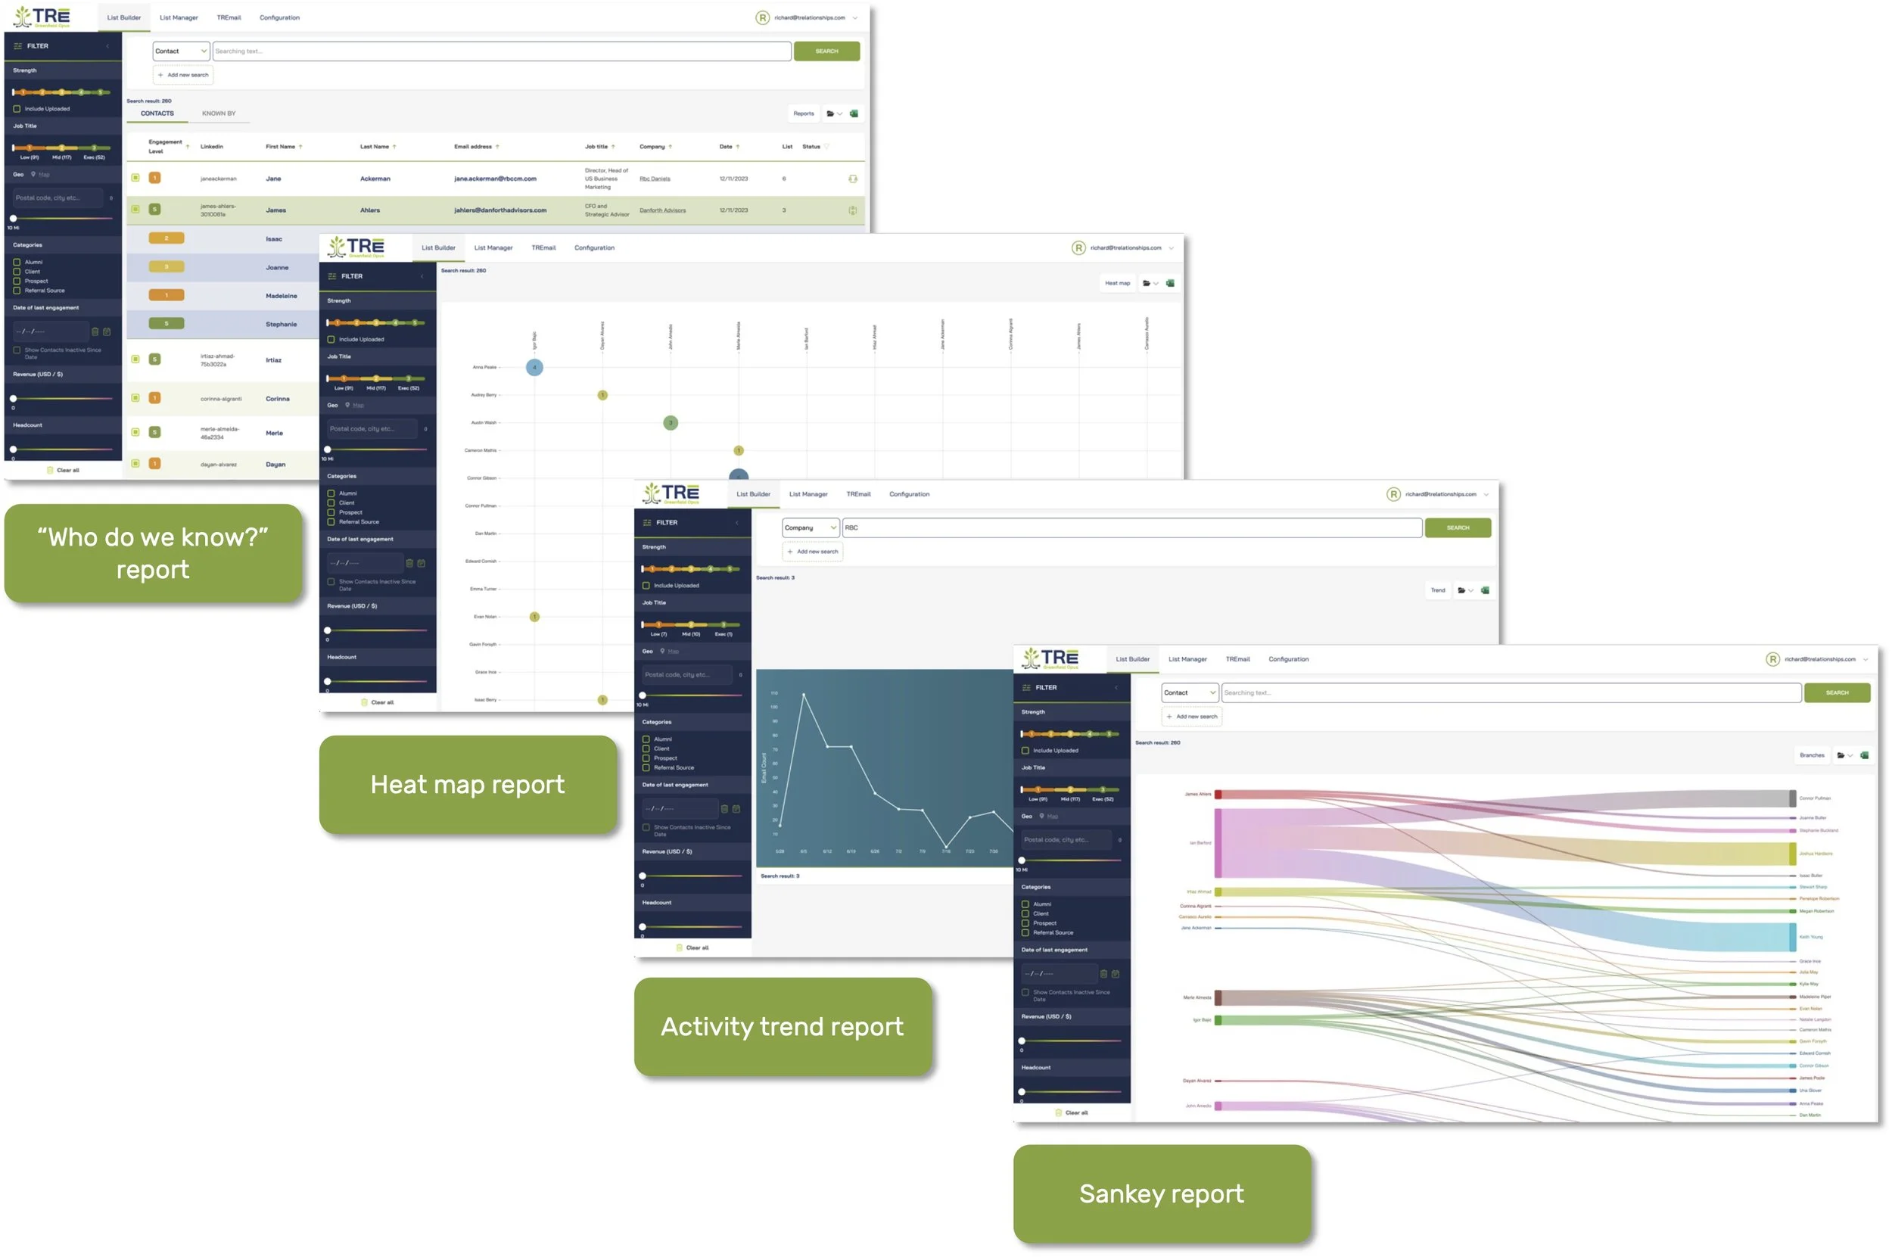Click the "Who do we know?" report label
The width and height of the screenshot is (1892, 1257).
pyautogui.click(x=152, y=552)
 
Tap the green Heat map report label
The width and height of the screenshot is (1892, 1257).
pyautogui.click(x=468, y=784)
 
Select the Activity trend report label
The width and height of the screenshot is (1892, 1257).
pyautogui.click(x=782, y=1026)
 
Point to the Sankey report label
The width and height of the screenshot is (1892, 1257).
pyautogui.click(x=1161, y=1193)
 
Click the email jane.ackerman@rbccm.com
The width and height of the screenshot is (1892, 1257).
pyautogui.click(x=495, y=179)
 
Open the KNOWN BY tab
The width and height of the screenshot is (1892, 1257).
pyautogui.click(x=218, y=114)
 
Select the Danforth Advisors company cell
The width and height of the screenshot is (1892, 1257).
pyautogui.click(x=662, y=211)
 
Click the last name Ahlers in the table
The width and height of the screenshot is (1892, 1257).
pyautogui.click(x=369, y=211)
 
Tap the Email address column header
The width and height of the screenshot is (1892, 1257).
pyautogui.click(x=473, y=147)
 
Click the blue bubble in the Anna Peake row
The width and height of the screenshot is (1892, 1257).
pyautogui.click(x=534, y=367)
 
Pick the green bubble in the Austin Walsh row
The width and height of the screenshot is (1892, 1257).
pyautogui.click(x=671, y=422)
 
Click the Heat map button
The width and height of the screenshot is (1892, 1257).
pyautogui.click(x=1117, y=283)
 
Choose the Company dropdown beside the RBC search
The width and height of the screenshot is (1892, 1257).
pyautogui.click(x=810, y=527)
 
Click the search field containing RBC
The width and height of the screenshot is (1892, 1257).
pyautogui.click(x=1131, y=527)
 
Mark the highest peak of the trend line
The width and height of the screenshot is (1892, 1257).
pyautogui.click(x=803, y=693)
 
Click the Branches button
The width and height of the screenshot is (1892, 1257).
pyautogui.click(x=1811, y=755)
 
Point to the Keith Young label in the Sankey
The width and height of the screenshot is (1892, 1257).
pyautogui.click(x=1810, y=936)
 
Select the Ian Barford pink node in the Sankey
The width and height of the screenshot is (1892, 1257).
pyautogui.click(x=1218, y=842)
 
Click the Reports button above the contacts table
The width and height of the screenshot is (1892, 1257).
pyautogui.click(x=803, y=114)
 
